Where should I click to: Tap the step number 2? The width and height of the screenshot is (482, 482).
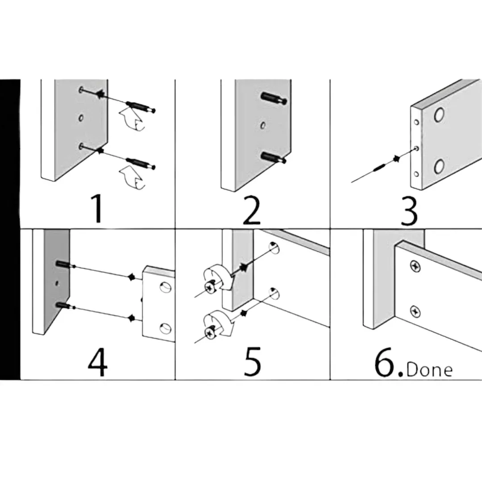[x=252, y=210]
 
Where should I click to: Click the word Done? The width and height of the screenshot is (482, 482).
[x=429, y=370]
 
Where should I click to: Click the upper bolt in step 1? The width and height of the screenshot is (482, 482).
[x=141, y=107]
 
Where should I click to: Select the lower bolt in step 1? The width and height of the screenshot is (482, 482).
[x=141, y=163]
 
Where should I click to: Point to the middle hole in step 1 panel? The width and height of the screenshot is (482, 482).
[x=81, y=118]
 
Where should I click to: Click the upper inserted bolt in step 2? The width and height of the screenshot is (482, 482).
[x=274, y=99]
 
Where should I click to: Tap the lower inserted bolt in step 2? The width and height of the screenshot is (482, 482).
[x=274, y=158]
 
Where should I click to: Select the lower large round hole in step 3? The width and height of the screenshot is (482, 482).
[x=439, y=167]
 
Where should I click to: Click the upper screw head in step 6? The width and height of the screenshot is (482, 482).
[x=415, y=266]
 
